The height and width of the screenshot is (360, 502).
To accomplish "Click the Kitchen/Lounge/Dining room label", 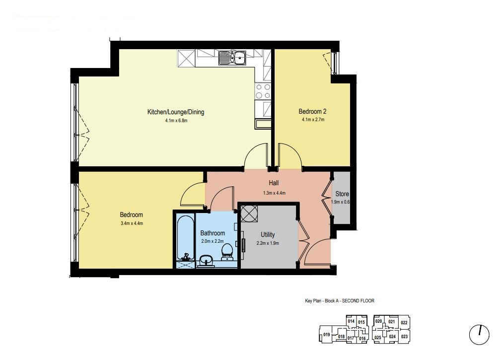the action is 175,112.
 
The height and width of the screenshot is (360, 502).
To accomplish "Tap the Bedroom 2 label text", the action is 312,111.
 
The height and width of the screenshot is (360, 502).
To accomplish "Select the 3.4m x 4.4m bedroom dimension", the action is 132,223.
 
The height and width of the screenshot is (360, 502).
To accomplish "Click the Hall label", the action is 274,183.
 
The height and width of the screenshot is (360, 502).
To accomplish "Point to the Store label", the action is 342,194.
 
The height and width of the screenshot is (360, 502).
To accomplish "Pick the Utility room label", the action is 268,234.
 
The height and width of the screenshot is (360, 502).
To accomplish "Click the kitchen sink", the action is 232,58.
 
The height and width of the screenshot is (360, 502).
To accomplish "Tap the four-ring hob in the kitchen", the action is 263,91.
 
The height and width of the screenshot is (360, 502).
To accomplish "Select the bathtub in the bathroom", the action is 185,238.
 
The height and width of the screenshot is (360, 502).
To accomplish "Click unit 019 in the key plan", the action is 326,335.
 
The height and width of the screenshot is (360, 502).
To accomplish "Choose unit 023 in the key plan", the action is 404,336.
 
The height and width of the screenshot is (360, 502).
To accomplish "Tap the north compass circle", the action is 479,335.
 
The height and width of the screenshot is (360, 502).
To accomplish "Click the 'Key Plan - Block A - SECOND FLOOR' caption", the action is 339,301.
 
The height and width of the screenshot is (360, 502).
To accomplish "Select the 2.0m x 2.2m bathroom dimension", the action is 212,241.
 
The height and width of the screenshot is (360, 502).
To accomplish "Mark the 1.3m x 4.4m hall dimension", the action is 274,193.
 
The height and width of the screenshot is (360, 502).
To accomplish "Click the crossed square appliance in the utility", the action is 249,214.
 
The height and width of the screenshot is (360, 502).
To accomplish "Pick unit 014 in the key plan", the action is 351,321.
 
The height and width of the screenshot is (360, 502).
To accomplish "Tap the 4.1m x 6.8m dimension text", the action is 176,121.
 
